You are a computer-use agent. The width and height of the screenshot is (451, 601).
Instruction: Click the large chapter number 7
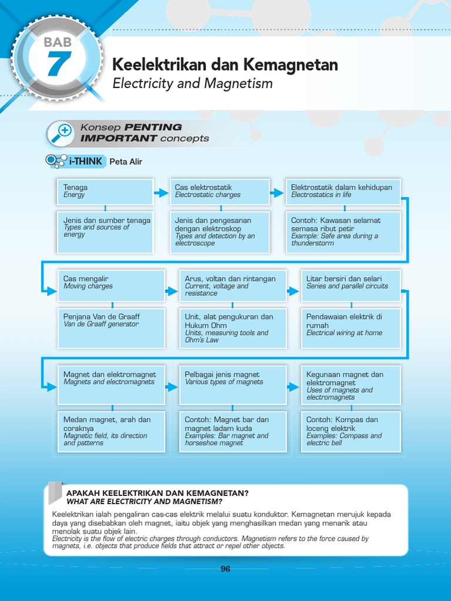tap(57, 64)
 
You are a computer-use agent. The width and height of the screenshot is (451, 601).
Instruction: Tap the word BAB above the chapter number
tap(57, 42)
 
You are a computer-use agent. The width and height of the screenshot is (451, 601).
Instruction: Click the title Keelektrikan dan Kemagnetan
tap(225, 65)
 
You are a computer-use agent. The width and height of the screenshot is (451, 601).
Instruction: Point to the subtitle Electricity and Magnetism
tap(193, 83)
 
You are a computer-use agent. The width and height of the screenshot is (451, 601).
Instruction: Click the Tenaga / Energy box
tap(105, 192)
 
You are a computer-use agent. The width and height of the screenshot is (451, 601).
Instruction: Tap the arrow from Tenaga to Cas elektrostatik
tap(160, 193)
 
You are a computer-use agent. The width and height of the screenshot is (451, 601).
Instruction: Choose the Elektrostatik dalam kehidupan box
tap(343, 192)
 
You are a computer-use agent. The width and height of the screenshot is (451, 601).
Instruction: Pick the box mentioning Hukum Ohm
tap(233, 327)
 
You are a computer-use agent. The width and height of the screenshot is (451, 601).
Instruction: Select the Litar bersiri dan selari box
tap(351, 285)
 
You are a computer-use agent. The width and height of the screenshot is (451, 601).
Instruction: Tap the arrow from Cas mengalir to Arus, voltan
tap(171, 291)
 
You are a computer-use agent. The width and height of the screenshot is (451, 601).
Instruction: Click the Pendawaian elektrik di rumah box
tap(351, 327)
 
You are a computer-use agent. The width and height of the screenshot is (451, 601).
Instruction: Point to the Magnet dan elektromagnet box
tap(111, 384)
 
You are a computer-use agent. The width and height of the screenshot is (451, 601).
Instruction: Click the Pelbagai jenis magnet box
tap(233, 384)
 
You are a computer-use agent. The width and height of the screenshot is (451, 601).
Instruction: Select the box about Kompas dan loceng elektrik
tap(351, 431)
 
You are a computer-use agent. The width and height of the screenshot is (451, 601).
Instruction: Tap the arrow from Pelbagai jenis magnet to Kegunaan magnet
tap(293, 386)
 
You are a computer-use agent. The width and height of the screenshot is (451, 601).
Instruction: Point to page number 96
tap(225, 569)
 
